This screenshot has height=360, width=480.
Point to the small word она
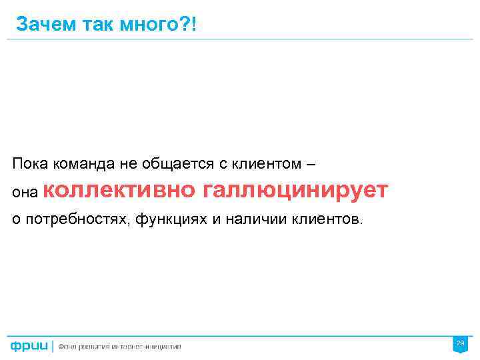point(25,192)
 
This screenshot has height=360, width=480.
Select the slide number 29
point(459,343)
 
